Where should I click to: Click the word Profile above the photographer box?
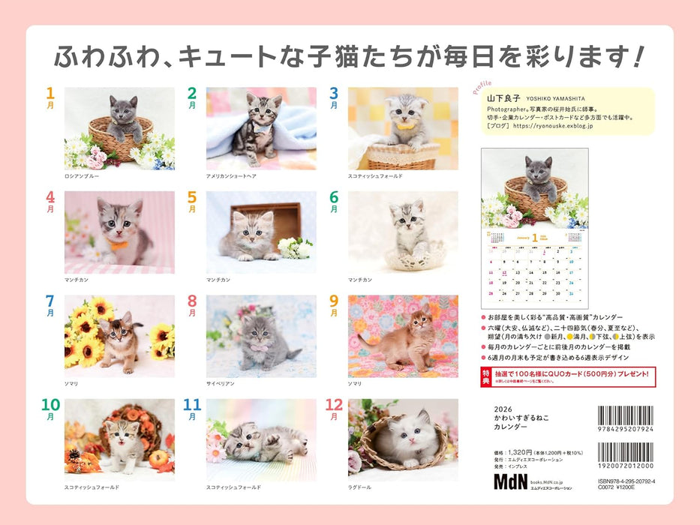tap(482, 87)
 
